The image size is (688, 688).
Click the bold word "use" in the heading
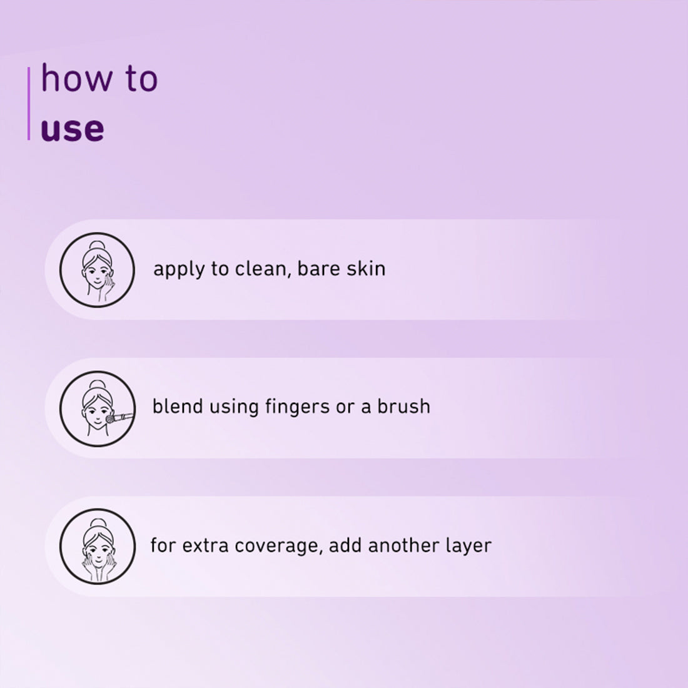pyautogui.click(x=72, y=128)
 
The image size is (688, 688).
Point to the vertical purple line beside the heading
pyautogui.click(x=29, y=103)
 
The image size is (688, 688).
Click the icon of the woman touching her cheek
pyautogui.click(x=97, y=270)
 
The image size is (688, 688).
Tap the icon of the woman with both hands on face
pyautogui.click(x=97, y=546)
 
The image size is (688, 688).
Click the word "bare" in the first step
pyautogui.click(x=319, y=269)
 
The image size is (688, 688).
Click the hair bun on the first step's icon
pyautogui.click(x=96, y=245)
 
